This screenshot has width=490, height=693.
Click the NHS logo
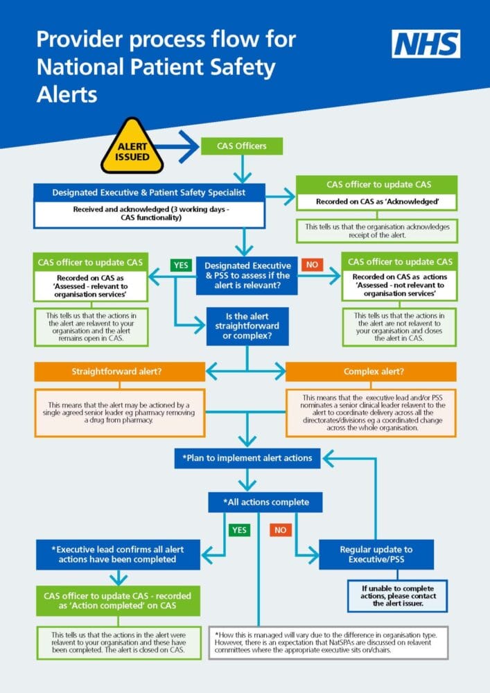pos(426,44)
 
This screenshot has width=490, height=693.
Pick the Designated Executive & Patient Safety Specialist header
pos(149,192)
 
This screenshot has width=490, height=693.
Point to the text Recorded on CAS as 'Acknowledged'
pos(377,202)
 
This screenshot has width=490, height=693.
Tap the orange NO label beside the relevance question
pos(312,265)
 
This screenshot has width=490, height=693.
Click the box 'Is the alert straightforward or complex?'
pos(247,326)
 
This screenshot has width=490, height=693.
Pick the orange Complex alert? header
pos(371,371)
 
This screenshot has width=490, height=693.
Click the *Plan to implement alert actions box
pos(247,457)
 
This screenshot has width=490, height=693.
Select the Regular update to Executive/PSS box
pos(376,554)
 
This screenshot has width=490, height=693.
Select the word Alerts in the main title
pos(67,94)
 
